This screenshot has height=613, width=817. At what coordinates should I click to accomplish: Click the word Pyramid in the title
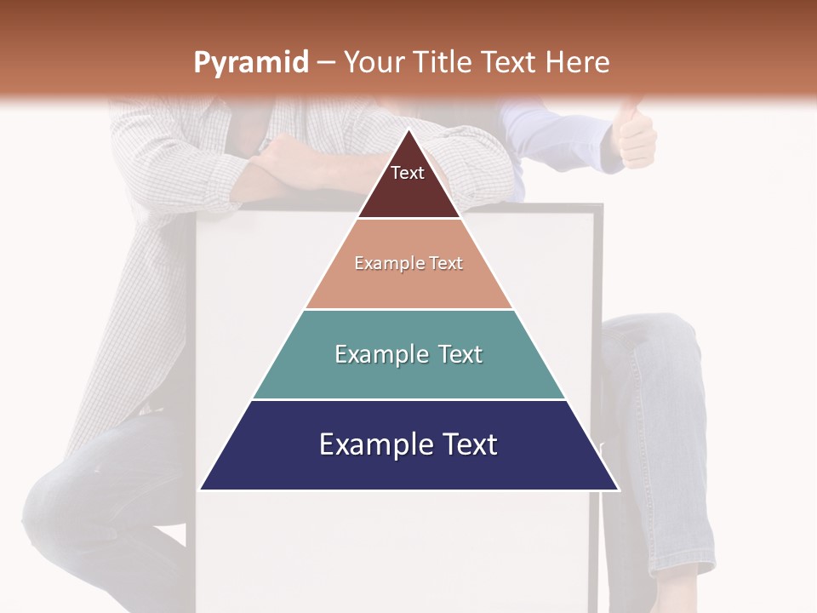(250, 63)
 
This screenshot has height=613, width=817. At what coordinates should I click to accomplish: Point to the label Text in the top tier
(407, 173)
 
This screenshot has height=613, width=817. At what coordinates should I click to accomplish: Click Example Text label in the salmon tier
(408, 263)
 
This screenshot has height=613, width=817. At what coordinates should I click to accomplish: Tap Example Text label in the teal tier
(408, 354)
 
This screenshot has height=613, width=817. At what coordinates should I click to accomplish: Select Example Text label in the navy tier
(408, 444)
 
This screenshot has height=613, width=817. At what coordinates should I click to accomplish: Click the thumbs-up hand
(635, 136)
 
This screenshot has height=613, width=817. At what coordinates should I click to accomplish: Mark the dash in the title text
(326, 63)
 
